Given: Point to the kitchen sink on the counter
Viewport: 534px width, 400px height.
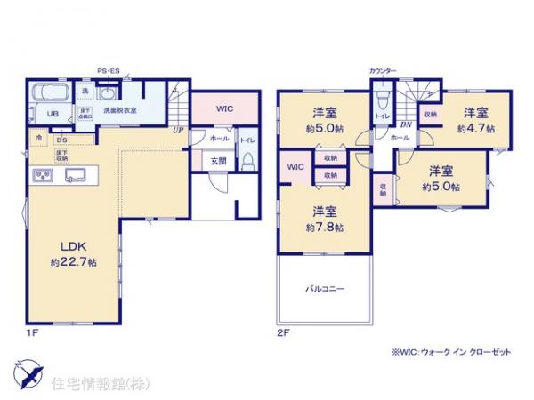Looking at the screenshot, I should (72, 173).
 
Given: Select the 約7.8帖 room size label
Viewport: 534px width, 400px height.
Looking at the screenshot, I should (324, 227).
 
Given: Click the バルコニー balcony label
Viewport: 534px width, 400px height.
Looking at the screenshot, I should (326, 289).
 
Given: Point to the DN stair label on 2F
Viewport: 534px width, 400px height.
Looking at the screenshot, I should (405, 125).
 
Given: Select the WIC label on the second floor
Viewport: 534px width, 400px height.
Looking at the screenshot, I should (294, 166).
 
